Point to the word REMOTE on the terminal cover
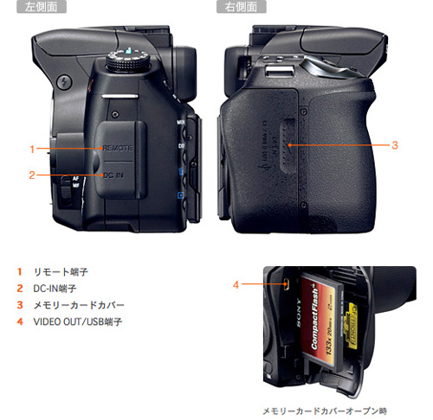pyautogui.click(x=117, y=149)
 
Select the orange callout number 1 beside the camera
pyautogui.click(x=31, y=149)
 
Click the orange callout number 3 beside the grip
pyautogui.click(x=394, y=144)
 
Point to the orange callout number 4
pyautogui.click(x=236, y=283)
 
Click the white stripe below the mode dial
pyautogui.click(x=125, y=92)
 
